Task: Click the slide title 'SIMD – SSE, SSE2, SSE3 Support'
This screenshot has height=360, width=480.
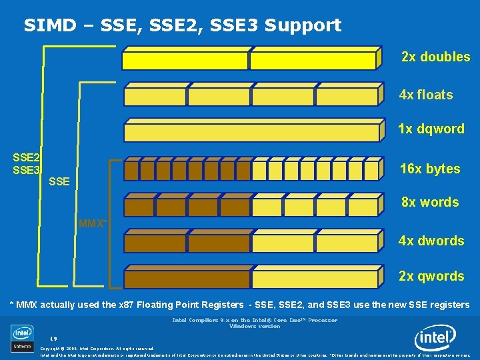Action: [182, 25]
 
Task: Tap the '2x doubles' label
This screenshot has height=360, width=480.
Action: [435, 57]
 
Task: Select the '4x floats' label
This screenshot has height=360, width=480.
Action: [425, 95]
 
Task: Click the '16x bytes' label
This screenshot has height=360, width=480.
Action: [430, 169]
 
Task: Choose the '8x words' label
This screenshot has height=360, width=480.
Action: [429, 202]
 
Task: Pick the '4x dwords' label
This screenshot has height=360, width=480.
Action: [431, 241]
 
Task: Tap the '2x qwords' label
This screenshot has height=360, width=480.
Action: [431, 276]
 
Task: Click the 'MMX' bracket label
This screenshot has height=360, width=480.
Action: [91, 223]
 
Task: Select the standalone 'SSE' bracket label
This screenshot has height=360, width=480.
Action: [59, 181]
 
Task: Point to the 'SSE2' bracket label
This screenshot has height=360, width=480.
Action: [27, 158]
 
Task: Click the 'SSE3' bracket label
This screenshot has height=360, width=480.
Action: [27, 170]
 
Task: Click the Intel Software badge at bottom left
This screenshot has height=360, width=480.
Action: [22, 338]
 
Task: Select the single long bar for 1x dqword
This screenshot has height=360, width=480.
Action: [253, 132]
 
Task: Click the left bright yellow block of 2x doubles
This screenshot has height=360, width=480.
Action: [186, 60]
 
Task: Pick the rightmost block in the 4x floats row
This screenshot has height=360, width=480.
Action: [349, 97]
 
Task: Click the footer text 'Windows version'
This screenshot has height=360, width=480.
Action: [255, 327]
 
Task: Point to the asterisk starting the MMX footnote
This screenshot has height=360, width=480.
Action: [11, 304]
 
